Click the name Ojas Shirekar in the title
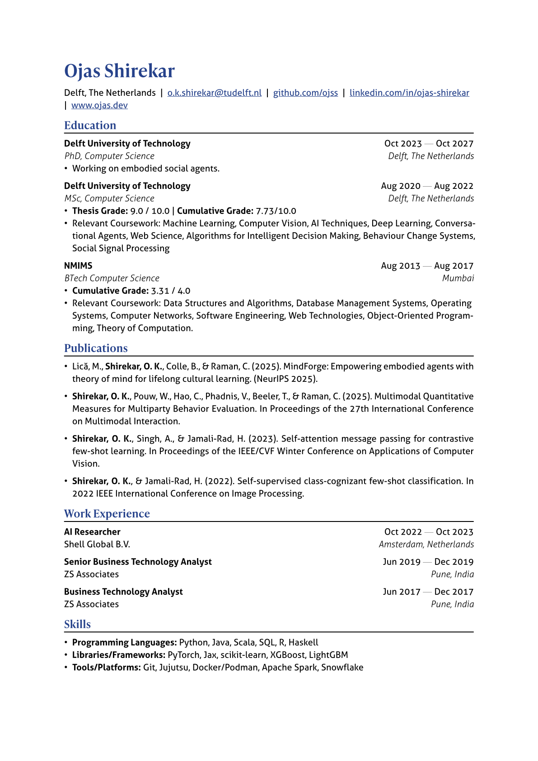[119, 71]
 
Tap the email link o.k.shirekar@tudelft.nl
[214, 93]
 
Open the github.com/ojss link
[305, 93]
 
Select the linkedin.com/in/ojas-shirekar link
[409, 93]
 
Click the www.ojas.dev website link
[99, 105]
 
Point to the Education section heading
[90, 125]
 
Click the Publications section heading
[96, 348]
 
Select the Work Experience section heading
[107, 513]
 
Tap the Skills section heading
[77, 624]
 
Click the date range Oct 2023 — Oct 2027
[429, 144]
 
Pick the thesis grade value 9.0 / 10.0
[150, 211]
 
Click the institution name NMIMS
[78, 266]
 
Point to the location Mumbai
[458, 278]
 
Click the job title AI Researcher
[92, 532]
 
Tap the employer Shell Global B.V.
[97, 545]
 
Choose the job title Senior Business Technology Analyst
[138, 562]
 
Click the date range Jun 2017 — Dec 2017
[428, 592]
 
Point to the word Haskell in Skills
[303, 643]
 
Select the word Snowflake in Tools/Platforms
[342, 667]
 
